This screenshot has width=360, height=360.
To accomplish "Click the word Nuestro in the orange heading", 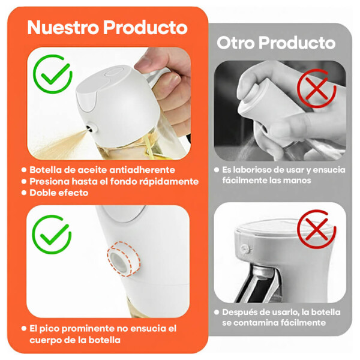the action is (x=63, y=28).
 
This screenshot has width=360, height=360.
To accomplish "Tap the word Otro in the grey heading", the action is (x=236, y=43).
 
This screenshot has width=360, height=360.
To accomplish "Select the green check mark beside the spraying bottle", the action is (x=53, y=74).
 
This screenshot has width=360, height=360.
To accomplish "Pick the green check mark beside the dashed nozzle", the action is (x=52, y=235).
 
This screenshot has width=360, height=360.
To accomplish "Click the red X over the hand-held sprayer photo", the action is (x=317, y=88).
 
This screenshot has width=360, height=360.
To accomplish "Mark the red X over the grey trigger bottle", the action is (x=317, y=229).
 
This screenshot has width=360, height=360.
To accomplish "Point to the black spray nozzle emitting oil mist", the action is (x=90, y=129).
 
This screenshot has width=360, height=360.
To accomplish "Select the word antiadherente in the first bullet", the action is (x=142, y=170).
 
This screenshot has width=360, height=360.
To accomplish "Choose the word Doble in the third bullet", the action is (x=42, y=193).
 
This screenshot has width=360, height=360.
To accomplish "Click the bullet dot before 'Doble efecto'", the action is (x=24, y=193).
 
